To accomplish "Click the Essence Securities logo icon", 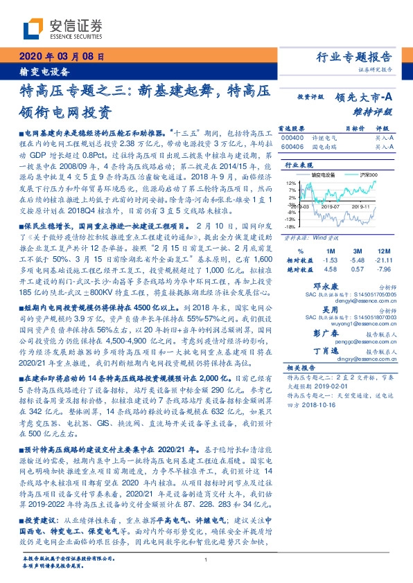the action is [36, 28].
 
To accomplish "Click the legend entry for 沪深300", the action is [362, 175].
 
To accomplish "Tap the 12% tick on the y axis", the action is [291, 183].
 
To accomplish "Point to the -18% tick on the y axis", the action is [290, 226].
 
